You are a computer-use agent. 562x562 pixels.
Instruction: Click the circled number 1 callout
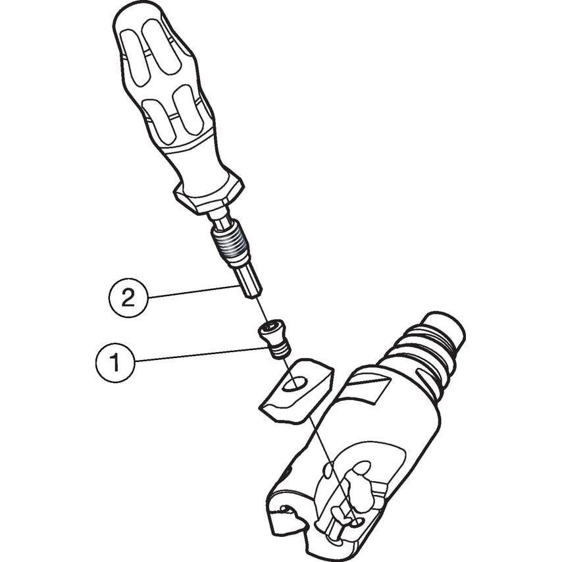[x=115, y=362]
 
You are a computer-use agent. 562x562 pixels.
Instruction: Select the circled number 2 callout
[x=128, y=297]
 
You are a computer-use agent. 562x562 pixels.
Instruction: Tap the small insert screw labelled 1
[x=274, y=339]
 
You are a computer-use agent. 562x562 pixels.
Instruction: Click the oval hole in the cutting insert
[x=295, y=384]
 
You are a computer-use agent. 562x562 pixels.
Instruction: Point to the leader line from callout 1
[x=201, y=354]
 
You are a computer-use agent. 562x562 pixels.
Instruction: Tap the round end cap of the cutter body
[x=444, y=328]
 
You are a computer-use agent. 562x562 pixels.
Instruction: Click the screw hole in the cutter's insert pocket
[x=356, y=524]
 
